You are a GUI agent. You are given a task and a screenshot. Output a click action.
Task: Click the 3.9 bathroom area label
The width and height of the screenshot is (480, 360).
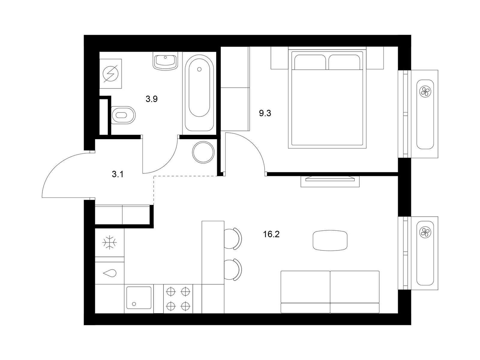click(x=151, y=99)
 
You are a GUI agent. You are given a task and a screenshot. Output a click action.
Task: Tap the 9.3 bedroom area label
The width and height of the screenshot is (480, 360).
click(x=265, y=113)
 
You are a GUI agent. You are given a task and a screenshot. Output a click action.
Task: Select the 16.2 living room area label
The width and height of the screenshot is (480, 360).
click(x=271, y=235)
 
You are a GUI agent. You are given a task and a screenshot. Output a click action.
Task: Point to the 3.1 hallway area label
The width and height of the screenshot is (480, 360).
click(x=118, y=174)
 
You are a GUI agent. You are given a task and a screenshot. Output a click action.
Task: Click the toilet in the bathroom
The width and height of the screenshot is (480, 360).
click(x=123, y=115)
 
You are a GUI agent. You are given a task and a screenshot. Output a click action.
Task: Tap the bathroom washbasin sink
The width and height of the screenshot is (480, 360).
click(x=165, y=61)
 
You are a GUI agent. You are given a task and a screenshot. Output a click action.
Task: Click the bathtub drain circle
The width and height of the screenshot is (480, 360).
click(x=199, y=69)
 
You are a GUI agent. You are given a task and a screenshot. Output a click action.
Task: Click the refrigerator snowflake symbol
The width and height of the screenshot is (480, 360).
click(x=109, y=242)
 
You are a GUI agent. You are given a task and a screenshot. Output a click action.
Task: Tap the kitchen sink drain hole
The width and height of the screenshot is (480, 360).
click(x=134, y=304)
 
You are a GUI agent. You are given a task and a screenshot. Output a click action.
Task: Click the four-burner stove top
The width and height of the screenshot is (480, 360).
click(x=178, y=298)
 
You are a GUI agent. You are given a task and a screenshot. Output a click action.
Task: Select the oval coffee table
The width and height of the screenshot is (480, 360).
click(x=330, y=240)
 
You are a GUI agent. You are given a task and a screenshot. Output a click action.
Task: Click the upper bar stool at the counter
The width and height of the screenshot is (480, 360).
click(x=233, y=238)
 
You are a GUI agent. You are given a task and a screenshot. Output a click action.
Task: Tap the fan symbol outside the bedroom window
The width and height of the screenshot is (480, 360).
click(x=425, y=91)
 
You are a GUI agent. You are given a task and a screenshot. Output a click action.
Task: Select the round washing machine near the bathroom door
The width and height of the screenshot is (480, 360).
click(x=203, y=152)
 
